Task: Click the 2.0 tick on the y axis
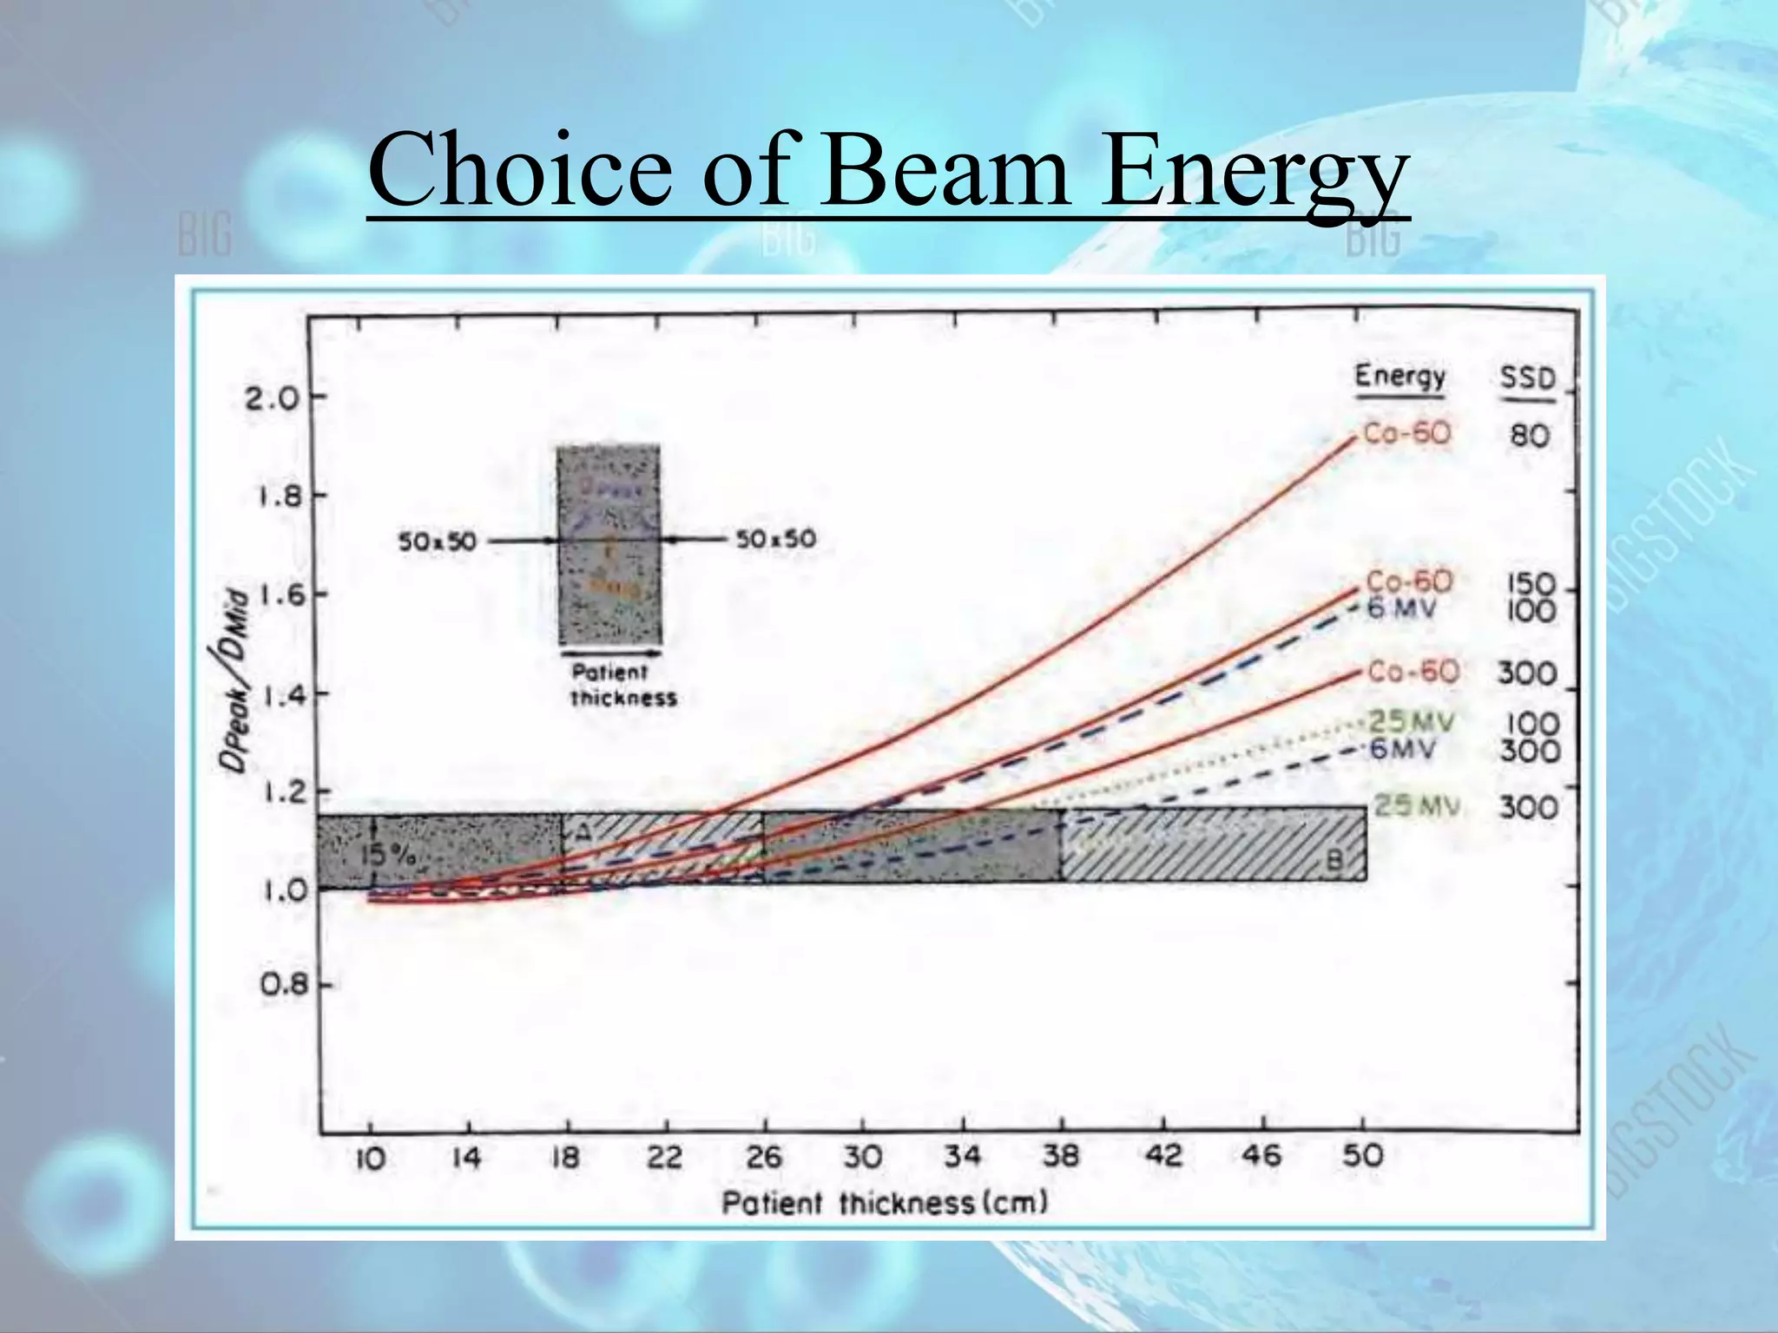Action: pyautogui.click(x=271, y=397)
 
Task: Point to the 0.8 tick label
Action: pyautogui.click(x=283, y=986)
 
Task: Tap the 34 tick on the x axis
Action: pyautogui.click(x=962, y=1156)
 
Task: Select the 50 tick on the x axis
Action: pyautogui.click(x=1362, y=1156)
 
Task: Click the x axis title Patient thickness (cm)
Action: pyautogui.click(x=885, y=1204)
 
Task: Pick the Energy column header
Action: pyautogui.click(x=1399, y=378)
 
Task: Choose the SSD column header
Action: pyautogui.click(x=1527, y=379)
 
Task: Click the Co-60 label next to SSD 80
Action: pyautogui.click(x=1406, y=433)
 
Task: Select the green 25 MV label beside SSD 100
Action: pyautogui.click(x=1411, y=721)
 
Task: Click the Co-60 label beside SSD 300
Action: pyautogui.click(x=1413, y=672)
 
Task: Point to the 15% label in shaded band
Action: pyautogui.click(x=387, y=855)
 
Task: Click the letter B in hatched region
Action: pyautogui.click(x=1334, y=861)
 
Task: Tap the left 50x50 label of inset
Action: pyautogui.click(x=437, y=542)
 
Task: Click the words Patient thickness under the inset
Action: pyautogui.click(x=622, y=685)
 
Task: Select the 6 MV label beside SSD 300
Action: pyautogui.click(x=1402, y=749)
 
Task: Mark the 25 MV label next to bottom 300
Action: pyautogui.click(x=1416, y=806)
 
